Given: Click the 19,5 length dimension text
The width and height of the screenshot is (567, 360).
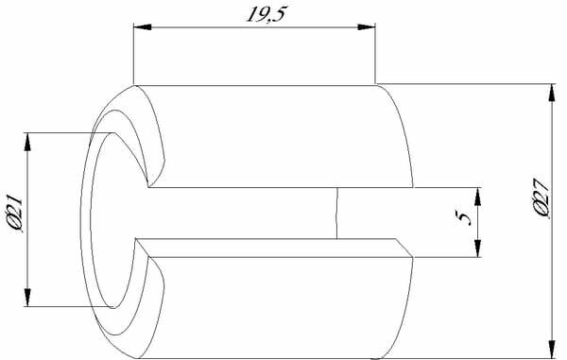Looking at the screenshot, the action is [266, 14].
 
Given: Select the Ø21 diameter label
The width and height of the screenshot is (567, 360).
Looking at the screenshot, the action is [15, 214].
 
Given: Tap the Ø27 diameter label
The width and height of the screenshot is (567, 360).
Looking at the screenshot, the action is [541, 198].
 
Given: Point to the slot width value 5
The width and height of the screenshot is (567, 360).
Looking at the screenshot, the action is [464, 218].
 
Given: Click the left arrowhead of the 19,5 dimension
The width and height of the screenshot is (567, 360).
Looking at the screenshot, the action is [143, 27].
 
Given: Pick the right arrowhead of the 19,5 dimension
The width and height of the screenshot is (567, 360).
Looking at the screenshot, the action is [367, 27].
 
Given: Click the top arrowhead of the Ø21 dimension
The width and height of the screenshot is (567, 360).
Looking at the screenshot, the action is [27, 142].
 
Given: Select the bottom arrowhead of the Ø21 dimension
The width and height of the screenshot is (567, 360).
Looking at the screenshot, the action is [27, 298].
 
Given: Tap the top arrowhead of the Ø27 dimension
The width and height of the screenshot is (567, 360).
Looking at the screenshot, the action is [552, 93].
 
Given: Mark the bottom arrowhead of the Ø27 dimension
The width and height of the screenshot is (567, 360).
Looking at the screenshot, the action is [552, 350].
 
